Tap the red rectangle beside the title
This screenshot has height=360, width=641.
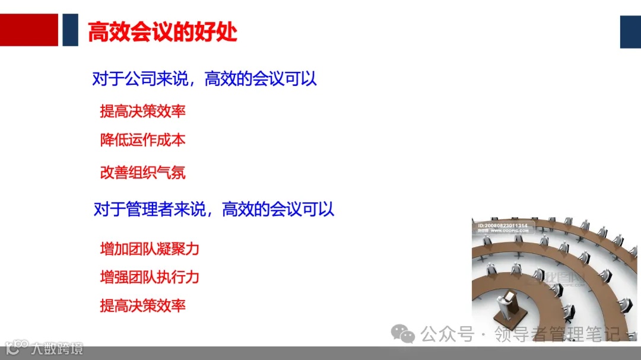[x=29, y=30]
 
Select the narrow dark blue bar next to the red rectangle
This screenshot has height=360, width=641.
[x=71, y=30]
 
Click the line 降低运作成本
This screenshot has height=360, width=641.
[x=143, y=140]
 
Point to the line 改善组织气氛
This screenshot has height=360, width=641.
[x=143, y=173]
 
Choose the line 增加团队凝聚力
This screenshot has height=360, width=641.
[x=150, y=249]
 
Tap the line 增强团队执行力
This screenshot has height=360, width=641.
[x=150, y=277]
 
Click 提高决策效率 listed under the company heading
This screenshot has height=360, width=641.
[x=143, y=111]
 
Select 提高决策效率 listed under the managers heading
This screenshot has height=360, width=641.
[x=143, y=305]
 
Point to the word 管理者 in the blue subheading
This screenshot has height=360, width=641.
[x=150, y=209]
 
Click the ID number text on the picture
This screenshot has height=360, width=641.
[x=503, y=226]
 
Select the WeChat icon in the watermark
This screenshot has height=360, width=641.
[x=406, y=335]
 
